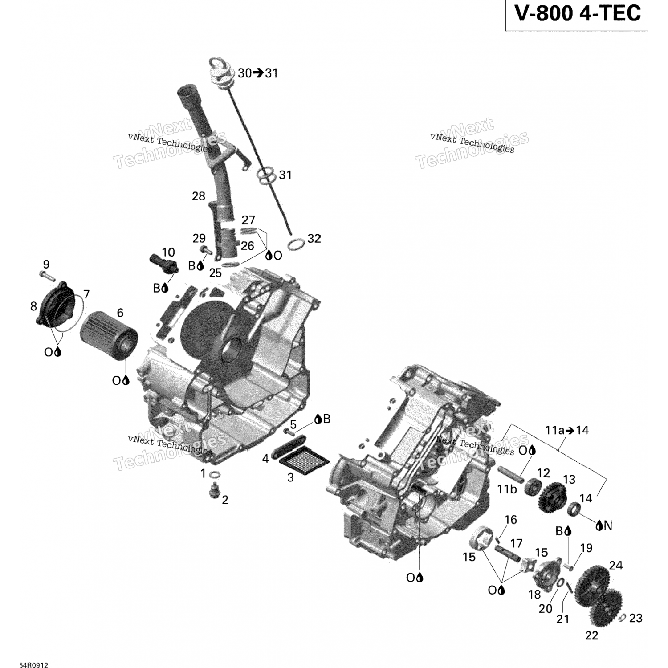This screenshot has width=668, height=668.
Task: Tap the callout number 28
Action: click(198, 196)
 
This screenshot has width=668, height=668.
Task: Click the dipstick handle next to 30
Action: click(219, 72)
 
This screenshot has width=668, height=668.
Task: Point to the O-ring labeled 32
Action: click(296, 244)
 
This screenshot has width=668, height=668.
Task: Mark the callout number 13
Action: click(569, 479)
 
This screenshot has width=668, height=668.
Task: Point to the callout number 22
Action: click(591, 635)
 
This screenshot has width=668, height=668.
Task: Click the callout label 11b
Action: click(507, 489)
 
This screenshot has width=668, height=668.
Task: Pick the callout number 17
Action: click(516, 543)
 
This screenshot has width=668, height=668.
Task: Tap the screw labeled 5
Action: click(290, 432)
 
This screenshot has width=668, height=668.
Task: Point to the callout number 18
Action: click(534, 594)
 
